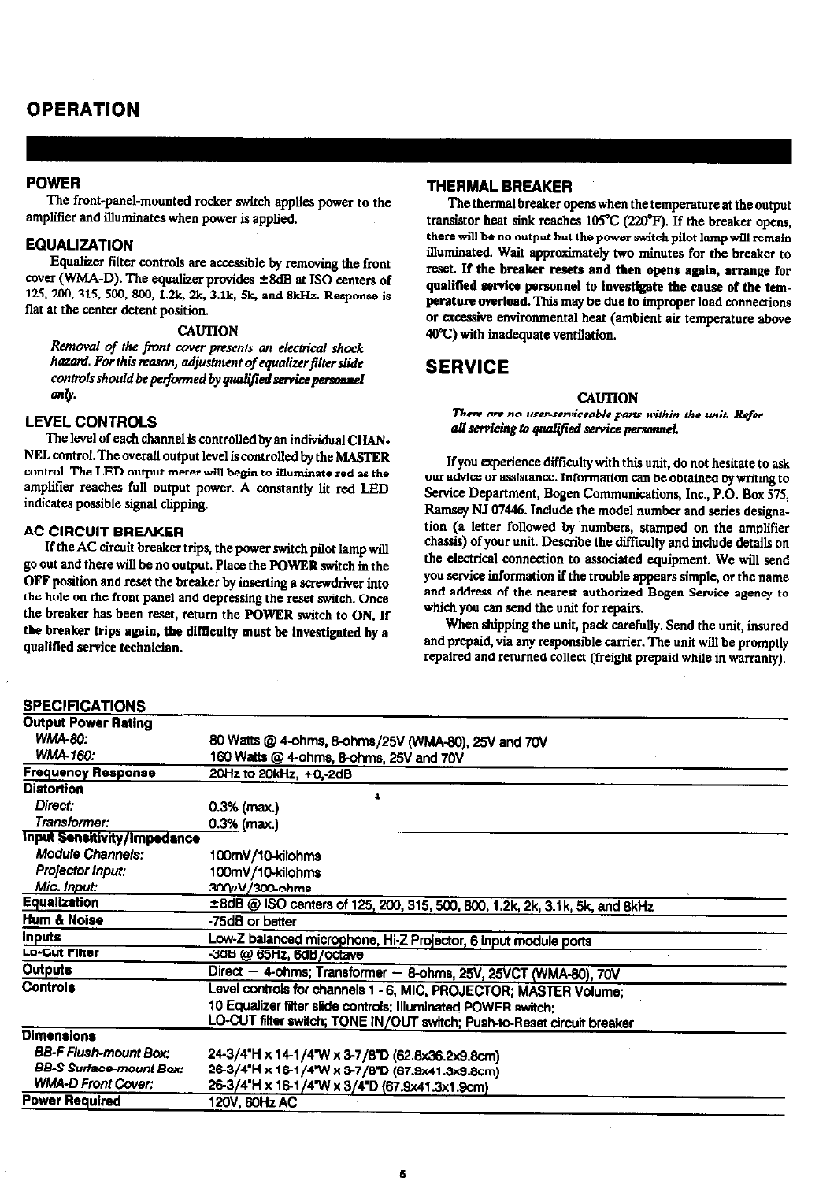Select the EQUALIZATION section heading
[79, 244]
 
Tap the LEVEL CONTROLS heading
[91, 421]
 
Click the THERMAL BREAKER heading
[498, 187]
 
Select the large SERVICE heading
[467, 367]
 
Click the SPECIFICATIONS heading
[85, 705]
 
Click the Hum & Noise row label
[63, 919]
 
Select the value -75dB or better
[251, 920]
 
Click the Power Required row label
[72, 1101]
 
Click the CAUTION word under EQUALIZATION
[207, 330]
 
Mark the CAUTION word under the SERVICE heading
[607, 397]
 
